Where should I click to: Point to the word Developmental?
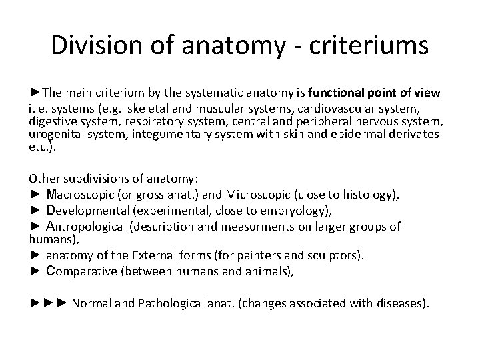pos(89,210)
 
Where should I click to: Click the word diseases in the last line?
pos(398,303)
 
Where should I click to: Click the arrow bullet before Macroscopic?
pos(35,194)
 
